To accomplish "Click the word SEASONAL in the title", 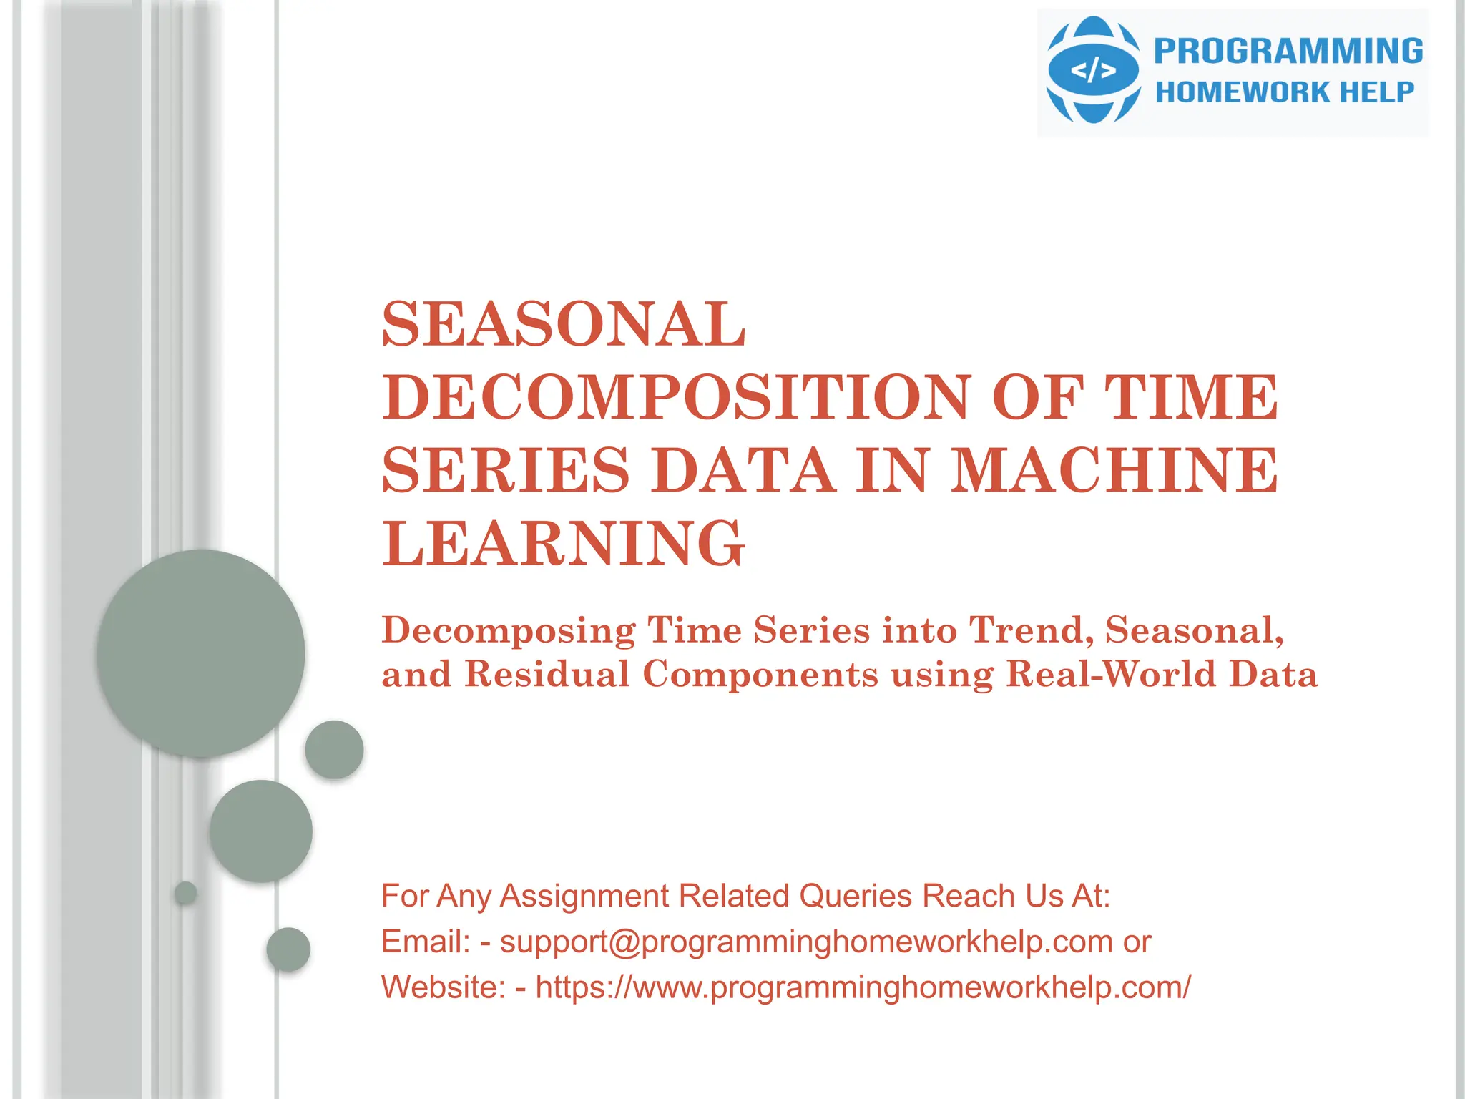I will tap(564, 323).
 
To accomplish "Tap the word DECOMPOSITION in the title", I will tap(677, 397).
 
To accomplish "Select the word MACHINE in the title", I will tap(1114, 470).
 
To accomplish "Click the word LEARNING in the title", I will tap(564, 544).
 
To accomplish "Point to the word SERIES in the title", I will tap(506, 470).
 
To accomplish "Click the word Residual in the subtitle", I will tap(547, 674).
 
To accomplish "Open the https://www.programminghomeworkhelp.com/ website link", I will tap(863, 987).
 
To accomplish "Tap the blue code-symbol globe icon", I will tap(1092, 70).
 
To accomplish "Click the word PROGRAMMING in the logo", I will tap(1288, 52).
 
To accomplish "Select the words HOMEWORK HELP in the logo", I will tap(1285, 92).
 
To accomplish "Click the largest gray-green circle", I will tap(201, 653).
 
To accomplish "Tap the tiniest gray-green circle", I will tap(186, 892).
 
